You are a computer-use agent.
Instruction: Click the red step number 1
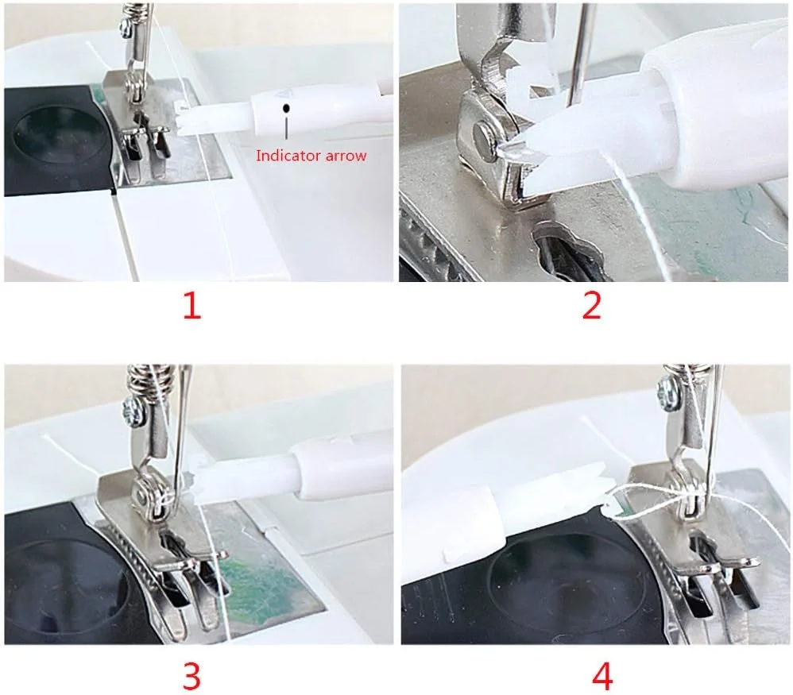(x=191, y=306)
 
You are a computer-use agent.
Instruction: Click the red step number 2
(x=592, y=306)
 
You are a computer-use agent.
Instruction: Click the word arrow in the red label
(x=346, y=156)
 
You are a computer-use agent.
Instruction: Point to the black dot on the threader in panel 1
(x=287, y=108)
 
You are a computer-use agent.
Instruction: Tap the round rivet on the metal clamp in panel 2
(x=485, y=135)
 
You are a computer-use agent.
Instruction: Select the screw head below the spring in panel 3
(x=133, y=406)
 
